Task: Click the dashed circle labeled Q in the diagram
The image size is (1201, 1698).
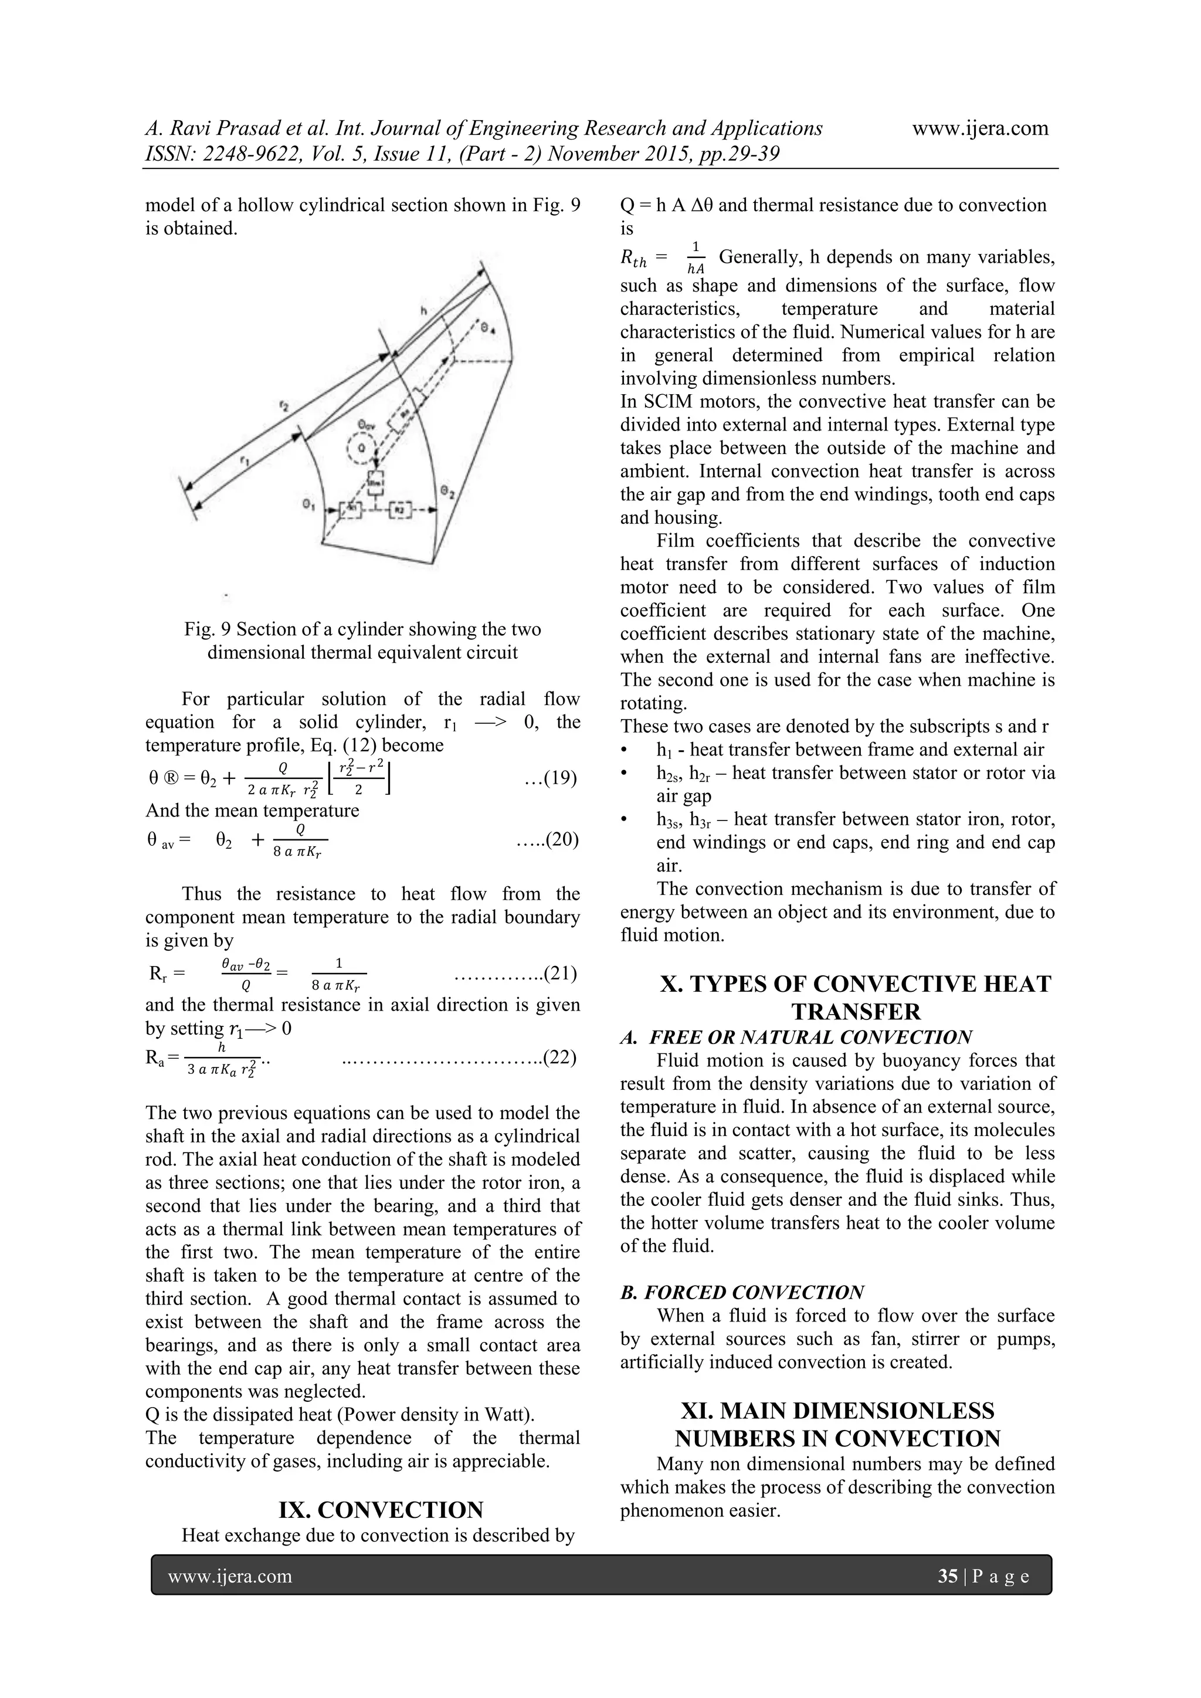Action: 362,448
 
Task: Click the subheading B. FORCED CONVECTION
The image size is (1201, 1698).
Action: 742,1292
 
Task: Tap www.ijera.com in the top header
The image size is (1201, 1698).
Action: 980,128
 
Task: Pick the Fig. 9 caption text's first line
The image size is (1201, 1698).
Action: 362,629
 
